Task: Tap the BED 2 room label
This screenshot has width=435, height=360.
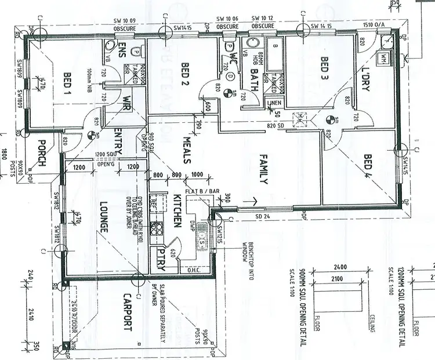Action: [185, 74]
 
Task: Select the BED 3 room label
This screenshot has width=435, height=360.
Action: [325, 69]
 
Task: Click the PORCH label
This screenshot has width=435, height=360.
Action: [41, 153]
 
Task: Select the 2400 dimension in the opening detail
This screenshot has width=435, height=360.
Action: [340, 268]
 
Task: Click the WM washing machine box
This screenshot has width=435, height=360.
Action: [384, 59]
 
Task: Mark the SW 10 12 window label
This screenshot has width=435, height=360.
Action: [262, 19]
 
